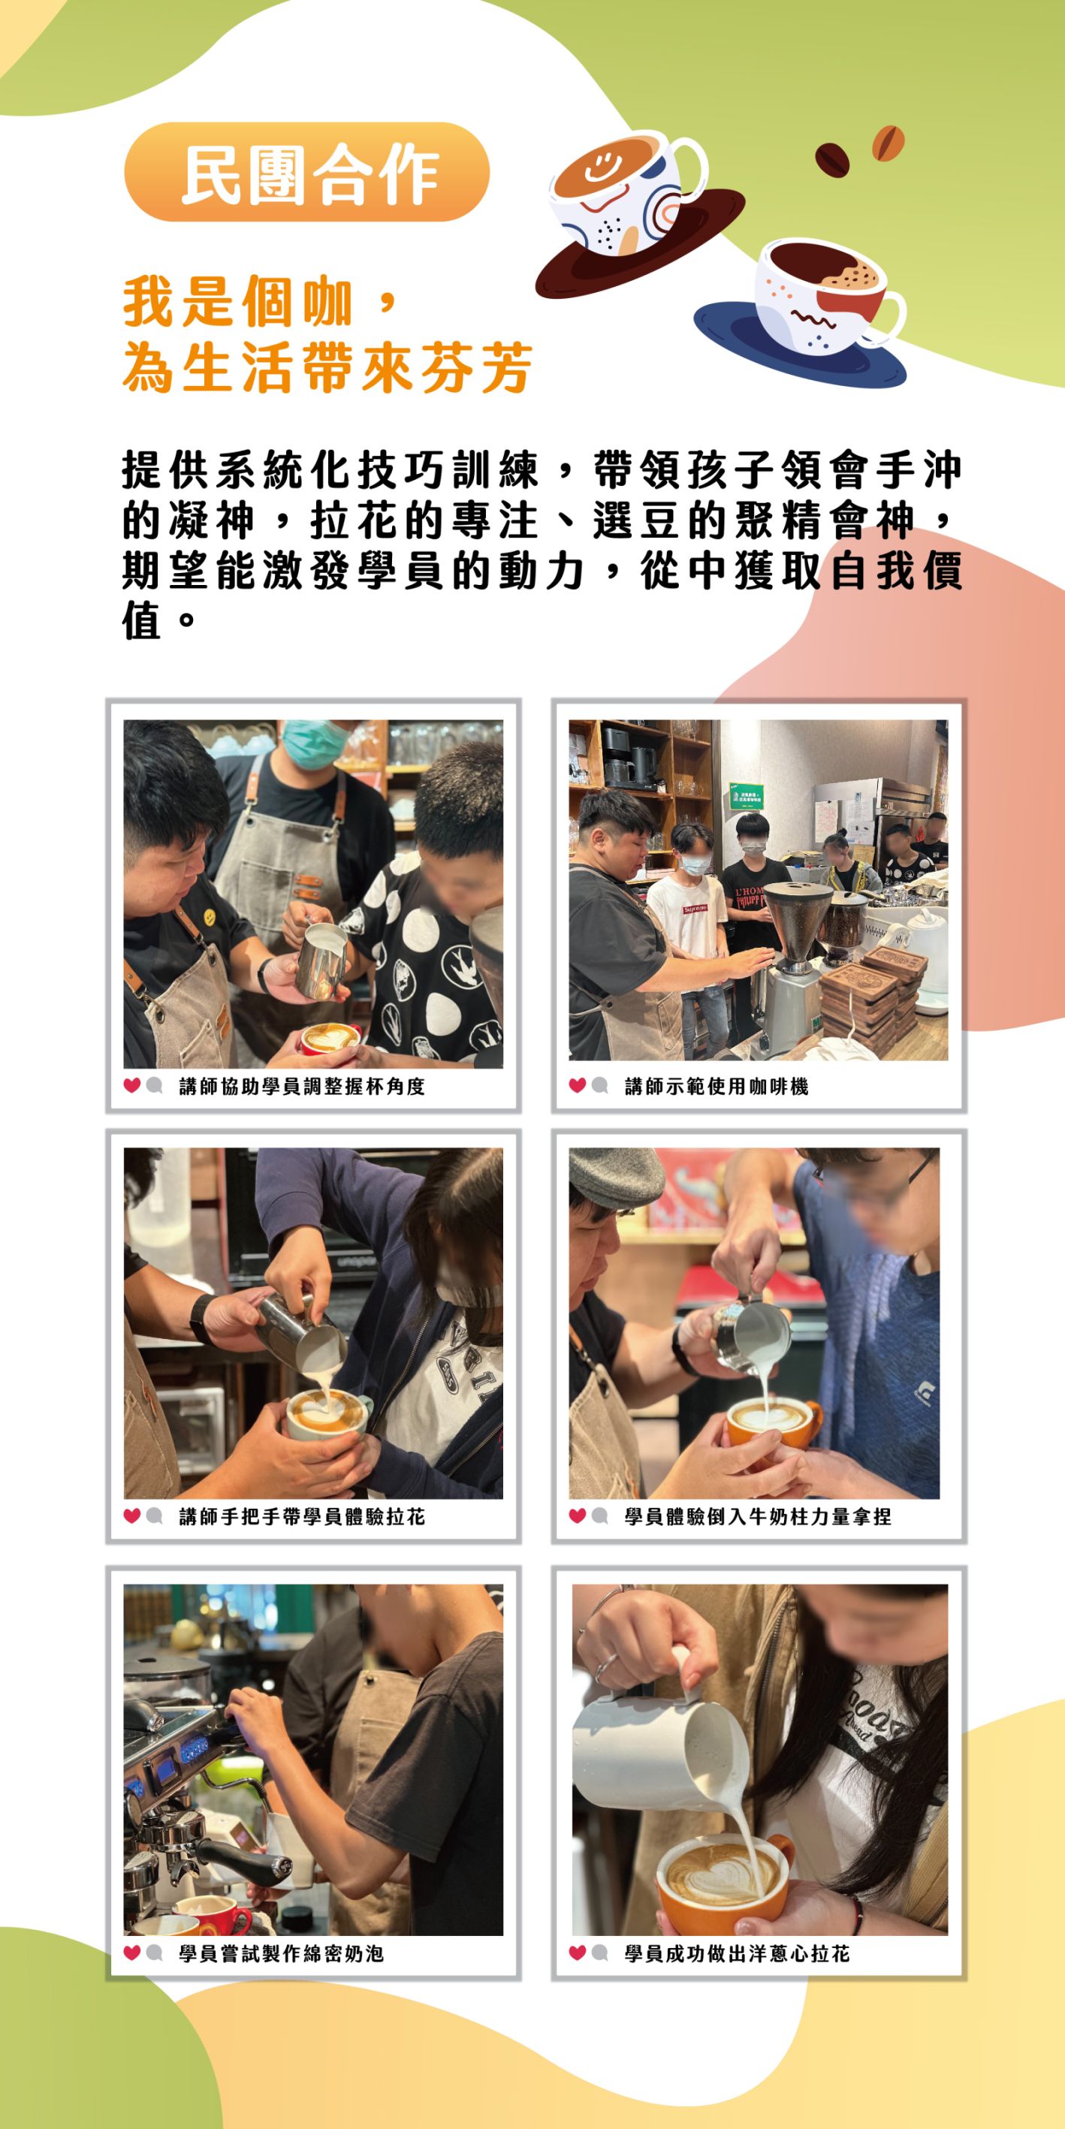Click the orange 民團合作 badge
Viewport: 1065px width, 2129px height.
306,172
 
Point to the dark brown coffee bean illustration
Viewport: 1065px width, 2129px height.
832,159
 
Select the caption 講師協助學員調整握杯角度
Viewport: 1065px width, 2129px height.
302,1086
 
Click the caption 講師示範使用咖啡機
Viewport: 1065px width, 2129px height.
716,1086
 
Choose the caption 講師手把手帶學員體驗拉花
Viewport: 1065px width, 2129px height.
302,1515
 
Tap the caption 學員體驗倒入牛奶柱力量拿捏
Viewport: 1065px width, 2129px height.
757,1515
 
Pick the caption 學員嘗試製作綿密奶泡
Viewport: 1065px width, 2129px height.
281,1953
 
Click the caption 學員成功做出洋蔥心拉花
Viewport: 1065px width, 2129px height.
737,1953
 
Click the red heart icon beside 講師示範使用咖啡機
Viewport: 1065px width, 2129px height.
577,1085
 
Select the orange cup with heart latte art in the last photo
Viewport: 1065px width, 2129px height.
723,1876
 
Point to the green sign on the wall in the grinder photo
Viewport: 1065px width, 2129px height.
745,798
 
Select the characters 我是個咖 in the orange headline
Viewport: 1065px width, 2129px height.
238,302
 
